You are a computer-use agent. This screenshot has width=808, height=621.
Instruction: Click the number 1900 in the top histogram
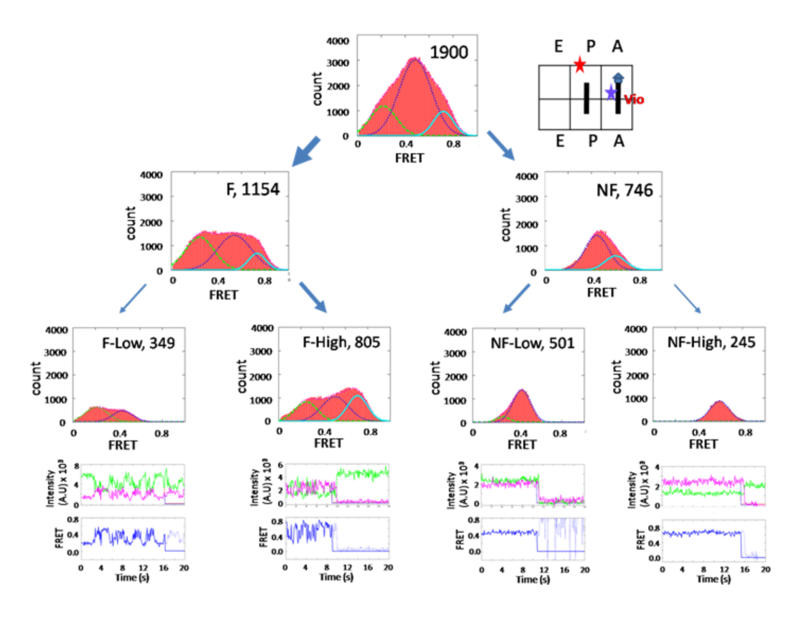click(x=449, y=52)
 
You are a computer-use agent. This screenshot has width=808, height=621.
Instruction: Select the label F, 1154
click(x=253, y=189)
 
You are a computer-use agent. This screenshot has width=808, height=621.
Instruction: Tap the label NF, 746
click(x=624, y=190)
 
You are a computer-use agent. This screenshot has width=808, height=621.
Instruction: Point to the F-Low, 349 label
click(x=138, y=343)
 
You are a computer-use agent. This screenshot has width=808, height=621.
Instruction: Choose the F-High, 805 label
click(x=341, y=342)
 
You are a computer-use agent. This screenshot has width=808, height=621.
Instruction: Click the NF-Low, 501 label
click(x=532, y=343)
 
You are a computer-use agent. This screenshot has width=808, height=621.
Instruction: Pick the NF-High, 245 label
click(x=711, y=342)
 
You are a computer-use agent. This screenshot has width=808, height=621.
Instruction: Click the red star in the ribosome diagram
click(x=580, y=65)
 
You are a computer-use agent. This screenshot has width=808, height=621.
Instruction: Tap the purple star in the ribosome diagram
click(x=611, y=93)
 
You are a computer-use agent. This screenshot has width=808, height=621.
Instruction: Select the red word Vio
click(x=634, y=99)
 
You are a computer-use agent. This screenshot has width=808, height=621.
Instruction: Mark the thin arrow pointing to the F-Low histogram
click(x=132, y=298)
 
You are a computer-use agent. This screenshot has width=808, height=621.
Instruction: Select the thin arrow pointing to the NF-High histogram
click(x=687, y=299)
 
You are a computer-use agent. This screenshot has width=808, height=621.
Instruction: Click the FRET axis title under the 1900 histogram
click(x=410, y=158)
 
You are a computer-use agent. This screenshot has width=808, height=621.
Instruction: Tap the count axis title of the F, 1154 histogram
click(x=131, y=223)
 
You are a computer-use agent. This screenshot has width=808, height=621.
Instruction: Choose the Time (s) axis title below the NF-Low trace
click(x=532, y=579)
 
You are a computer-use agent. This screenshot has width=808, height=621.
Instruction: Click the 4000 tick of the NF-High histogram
click(x=635, y=329)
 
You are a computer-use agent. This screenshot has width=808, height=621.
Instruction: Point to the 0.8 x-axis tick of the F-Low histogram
click(x=162, y=433)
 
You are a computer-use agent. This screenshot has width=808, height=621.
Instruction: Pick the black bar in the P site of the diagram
click(x=586, y=98)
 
